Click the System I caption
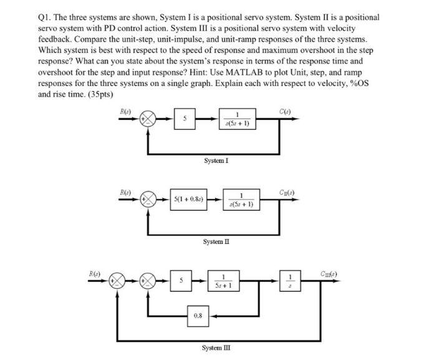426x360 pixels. coord(216,160)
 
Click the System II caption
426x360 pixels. coord(217,240)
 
